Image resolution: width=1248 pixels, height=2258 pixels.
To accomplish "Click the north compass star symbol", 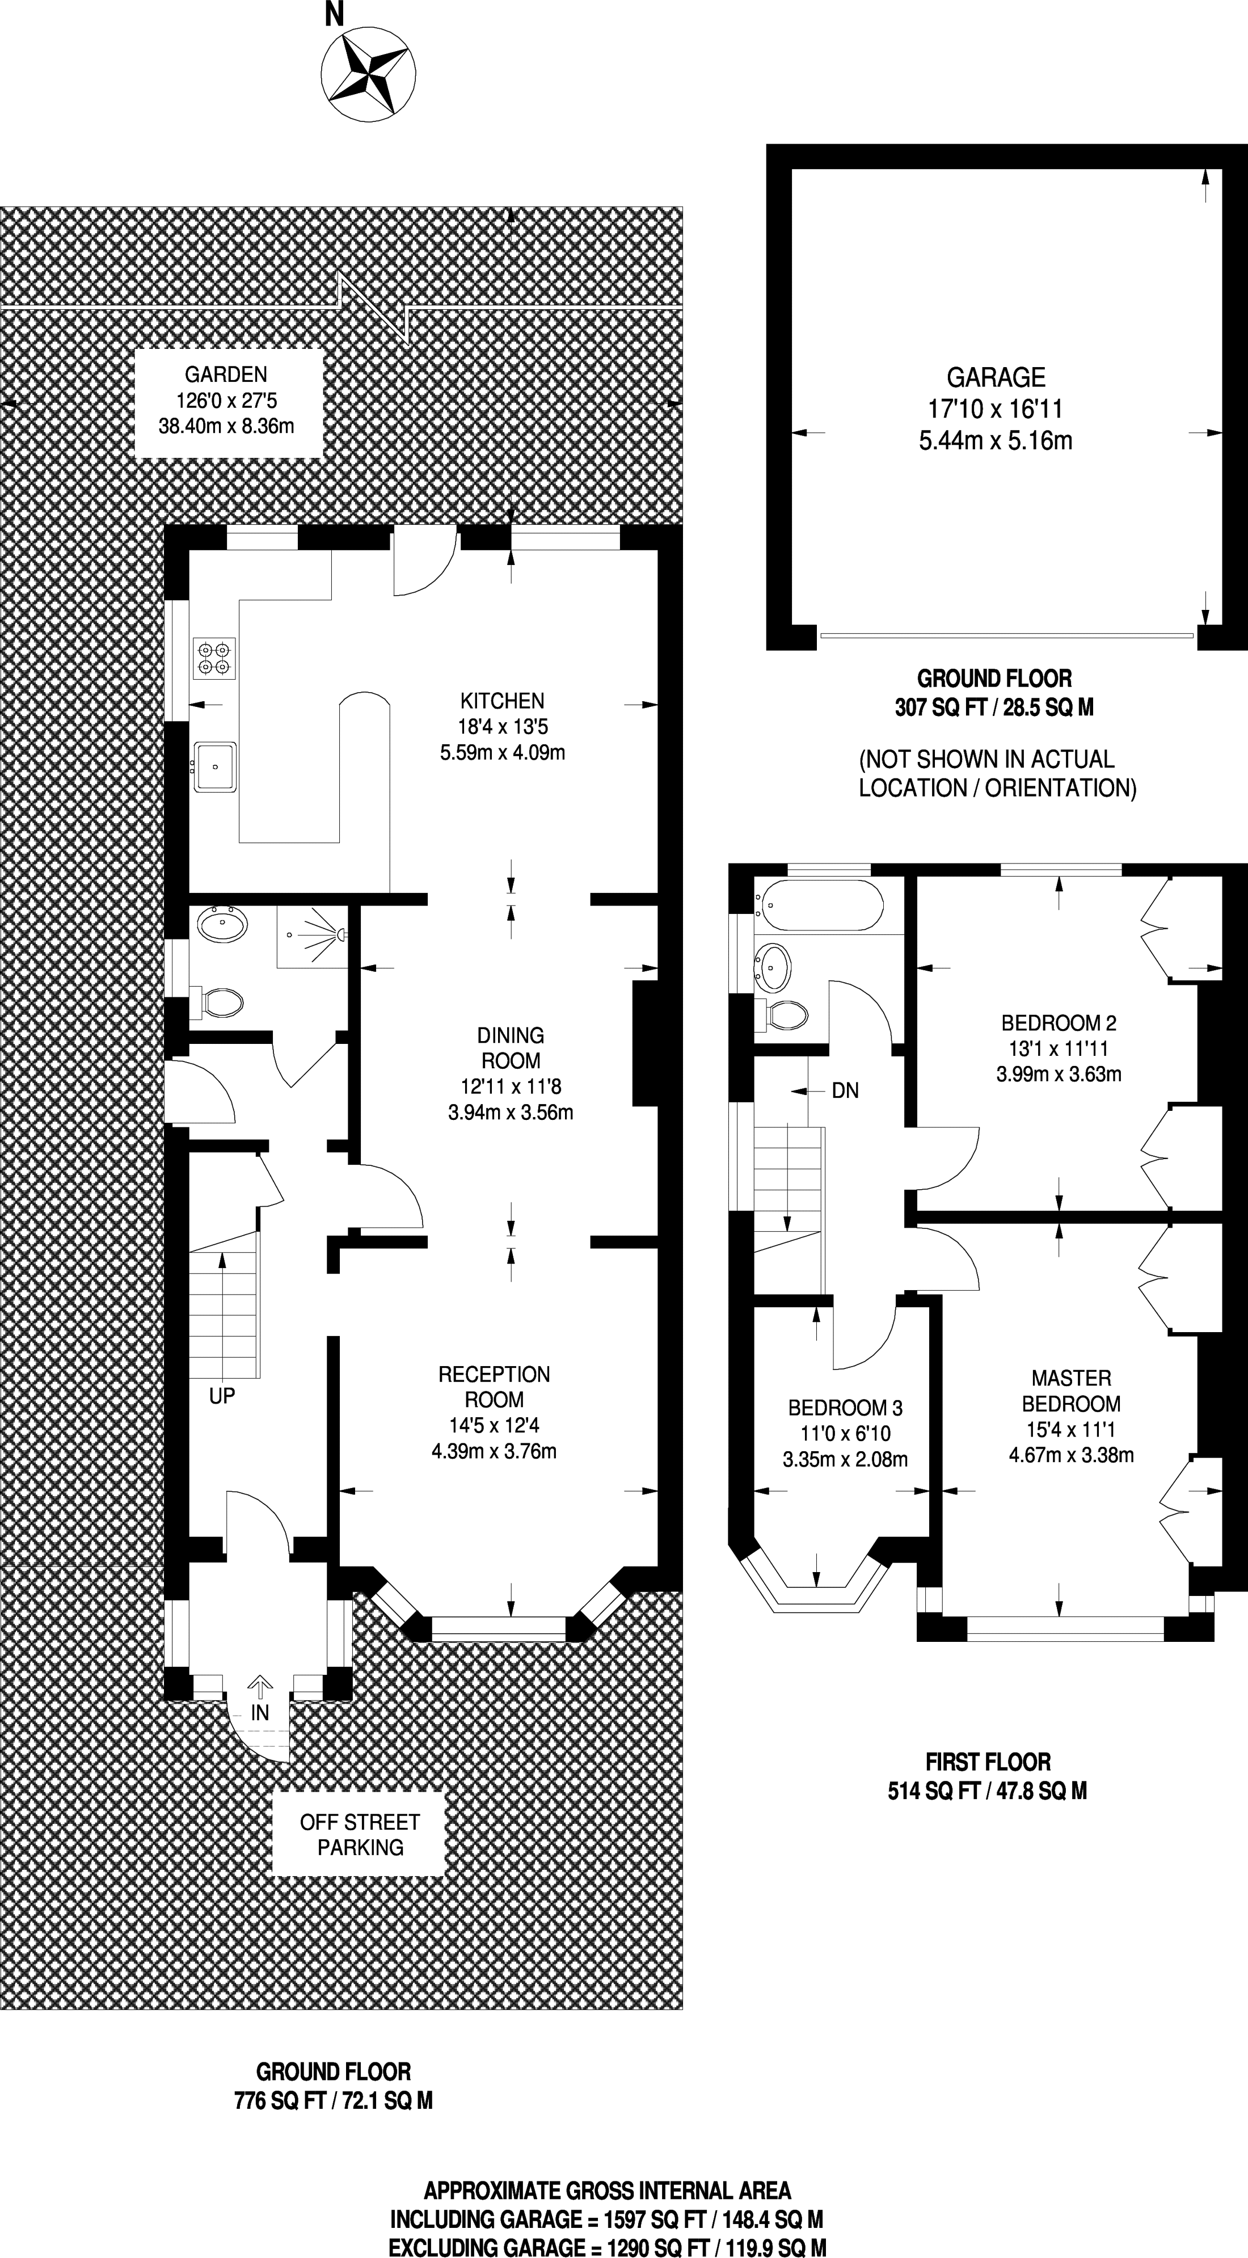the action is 368,74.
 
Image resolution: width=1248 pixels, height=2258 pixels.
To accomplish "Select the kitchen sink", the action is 215,767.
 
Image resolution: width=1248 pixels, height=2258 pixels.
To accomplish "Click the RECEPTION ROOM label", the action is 494,1387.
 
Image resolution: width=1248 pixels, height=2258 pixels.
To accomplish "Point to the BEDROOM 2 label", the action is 1059,1022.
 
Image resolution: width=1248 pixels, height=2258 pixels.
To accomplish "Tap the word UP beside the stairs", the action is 222,1396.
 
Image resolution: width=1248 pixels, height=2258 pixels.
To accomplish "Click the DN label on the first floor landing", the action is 845,1090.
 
